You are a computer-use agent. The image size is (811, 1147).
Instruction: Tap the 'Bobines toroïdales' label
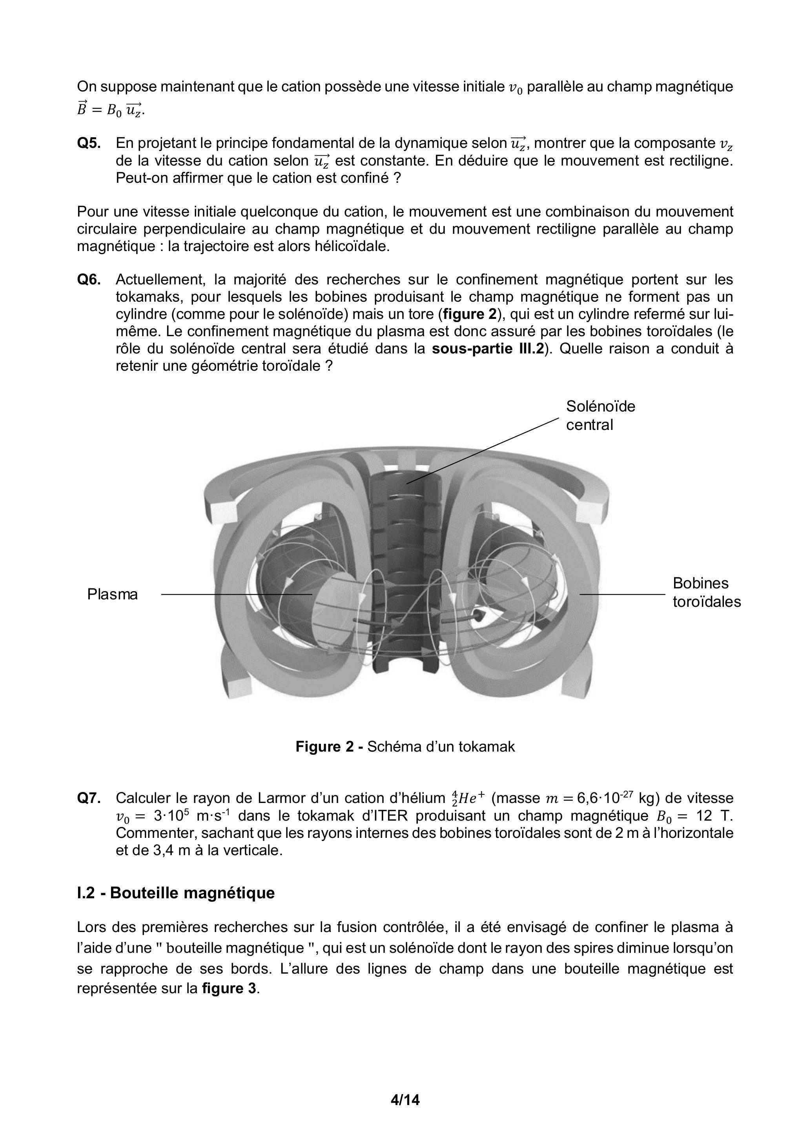pos(706,592)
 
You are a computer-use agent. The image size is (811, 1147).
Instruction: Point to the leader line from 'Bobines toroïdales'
pos(622,594)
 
